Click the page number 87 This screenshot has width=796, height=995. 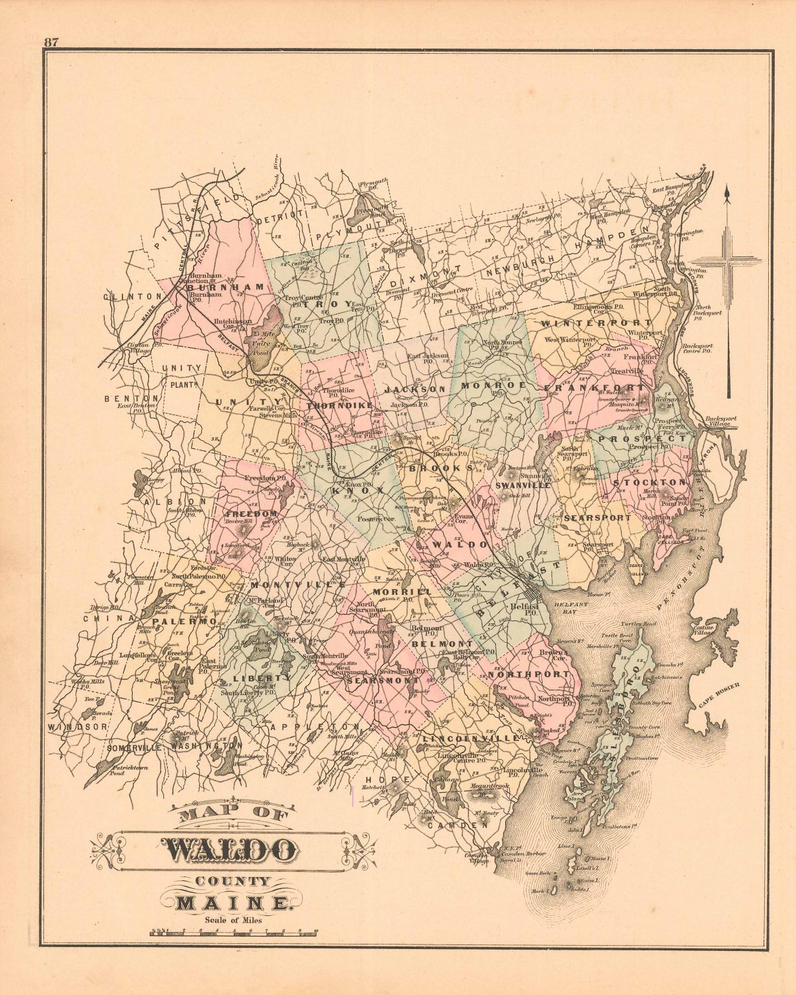(52, 42)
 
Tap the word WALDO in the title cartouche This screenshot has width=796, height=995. (229, 849)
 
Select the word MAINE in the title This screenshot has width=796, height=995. (231, 903)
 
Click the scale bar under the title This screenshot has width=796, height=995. (234, 933)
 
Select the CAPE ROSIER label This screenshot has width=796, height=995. (719, 696)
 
